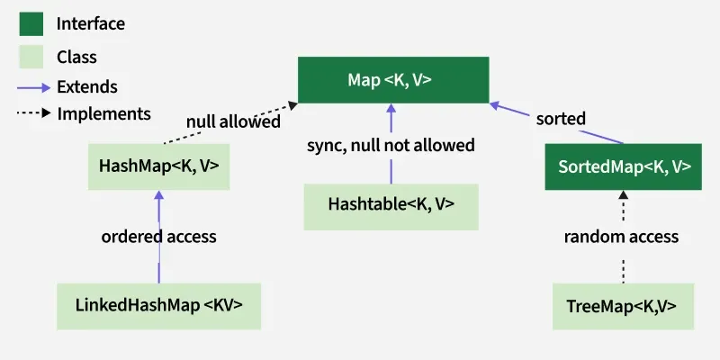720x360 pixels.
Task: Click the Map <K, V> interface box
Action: (393, 80)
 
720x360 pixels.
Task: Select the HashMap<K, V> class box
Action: (158, 166)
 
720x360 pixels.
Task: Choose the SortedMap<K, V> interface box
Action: (624, 166)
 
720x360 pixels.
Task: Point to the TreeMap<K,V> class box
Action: (624, 305)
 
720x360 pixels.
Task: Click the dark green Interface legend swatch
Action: (31, 24)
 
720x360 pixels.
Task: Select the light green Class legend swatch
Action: (31, 57)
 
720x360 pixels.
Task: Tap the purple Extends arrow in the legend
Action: (32, 87)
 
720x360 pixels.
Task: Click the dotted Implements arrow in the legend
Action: (32, 114)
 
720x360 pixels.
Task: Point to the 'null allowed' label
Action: (233, 121)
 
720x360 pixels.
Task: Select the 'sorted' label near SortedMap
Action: (561, 119)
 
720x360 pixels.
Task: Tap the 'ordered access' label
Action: (158, 237)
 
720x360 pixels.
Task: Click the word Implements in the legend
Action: (103, 114)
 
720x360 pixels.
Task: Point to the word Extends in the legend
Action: (86, 87)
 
